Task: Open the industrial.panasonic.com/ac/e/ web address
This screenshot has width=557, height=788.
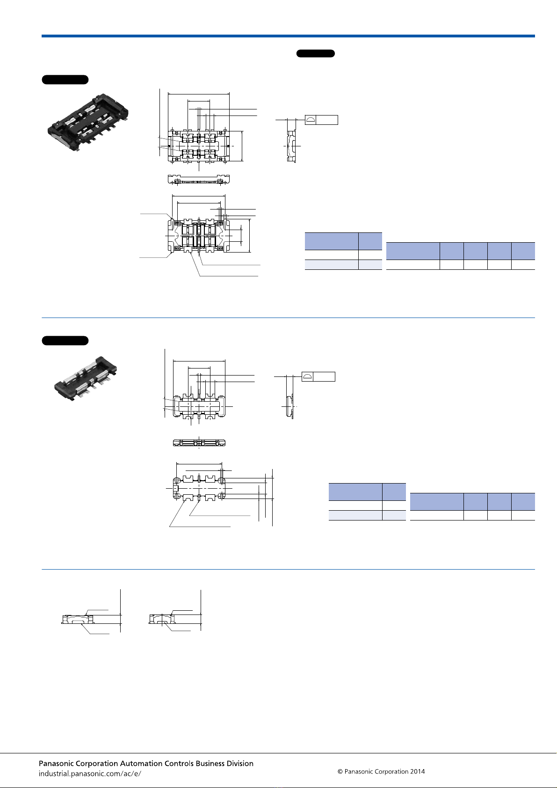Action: point(90,774)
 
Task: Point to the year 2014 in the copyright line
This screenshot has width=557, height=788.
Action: point(417,772)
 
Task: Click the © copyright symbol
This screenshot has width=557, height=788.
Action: point(340,772)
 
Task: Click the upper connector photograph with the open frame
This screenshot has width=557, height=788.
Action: point(88,122)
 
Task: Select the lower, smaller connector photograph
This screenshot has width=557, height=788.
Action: point(86,378)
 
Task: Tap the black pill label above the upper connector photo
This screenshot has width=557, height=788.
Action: point(65,80)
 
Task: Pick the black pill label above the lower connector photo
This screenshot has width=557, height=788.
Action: point(65,340)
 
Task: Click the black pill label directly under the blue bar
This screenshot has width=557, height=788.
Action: point(316,53)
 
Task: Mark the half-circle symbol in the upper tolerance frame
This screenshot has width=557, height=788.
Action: point(310,120)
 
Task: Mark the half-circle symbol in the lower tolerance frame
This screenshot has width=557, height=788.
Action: point(307,376)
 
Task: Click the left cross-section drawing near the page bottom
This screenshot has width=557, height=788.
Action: point(78,620)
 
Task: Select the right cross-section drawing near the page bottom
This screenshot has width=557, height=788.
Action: point(161,619)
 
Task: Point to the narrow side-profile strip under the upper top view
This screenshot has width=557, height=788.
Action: point(199,180)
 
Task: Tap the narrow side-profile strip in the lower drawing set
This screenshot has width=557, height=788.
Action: point(199,442)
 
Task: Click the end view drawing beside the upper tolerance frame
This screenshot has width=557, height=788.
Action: point(291,145)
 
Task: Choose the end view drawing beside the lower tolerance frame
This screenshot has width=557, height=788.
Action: point(290,407)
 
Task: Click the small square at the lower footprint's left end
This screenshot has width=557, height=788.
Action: point(176,489)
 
